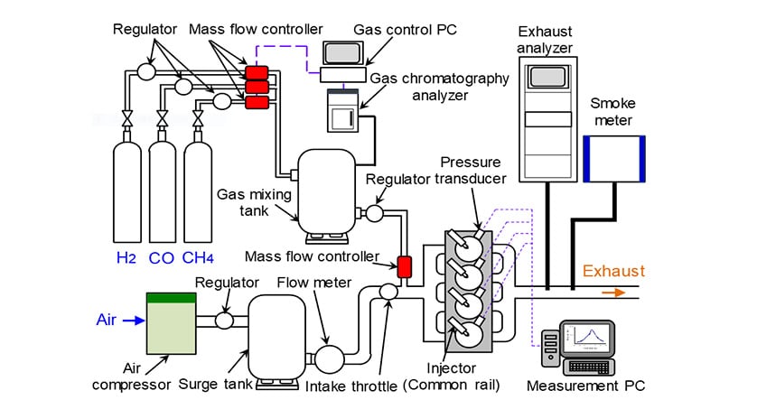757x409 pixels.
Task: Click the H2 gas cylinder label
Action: point(126,258)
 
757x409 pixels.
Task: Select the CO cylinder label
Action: point(162,258)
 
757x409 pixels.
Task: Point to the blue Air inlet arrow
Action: point(131,320)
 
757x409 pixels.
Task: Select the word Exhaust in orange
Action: point(613,271)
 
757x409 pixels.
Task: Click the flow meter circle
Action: point(326,358)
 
